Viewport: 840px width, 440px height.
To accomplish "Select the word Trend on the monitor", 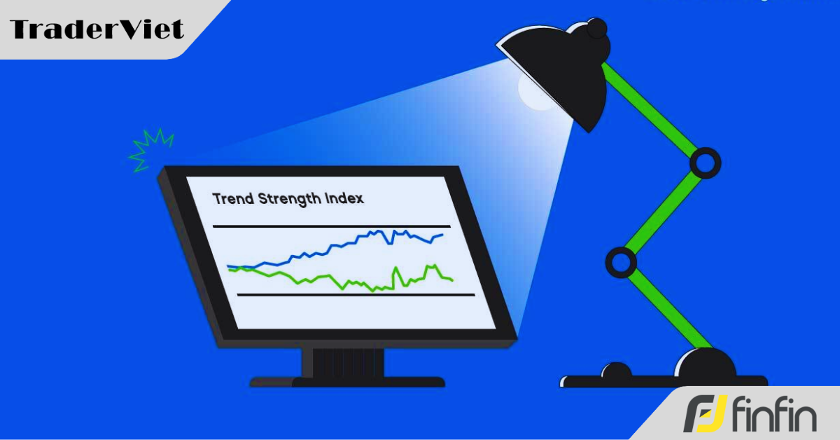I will (x=234, y=198).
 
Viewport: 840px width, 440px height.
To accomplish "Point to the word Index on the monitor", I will (x=344, y=198).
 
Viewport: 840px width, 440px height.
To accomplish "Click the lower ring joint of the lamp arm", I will (x=620, y=263).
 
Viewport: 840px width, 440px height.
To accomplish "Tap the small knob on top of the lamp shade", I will (x=596, y=28).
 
